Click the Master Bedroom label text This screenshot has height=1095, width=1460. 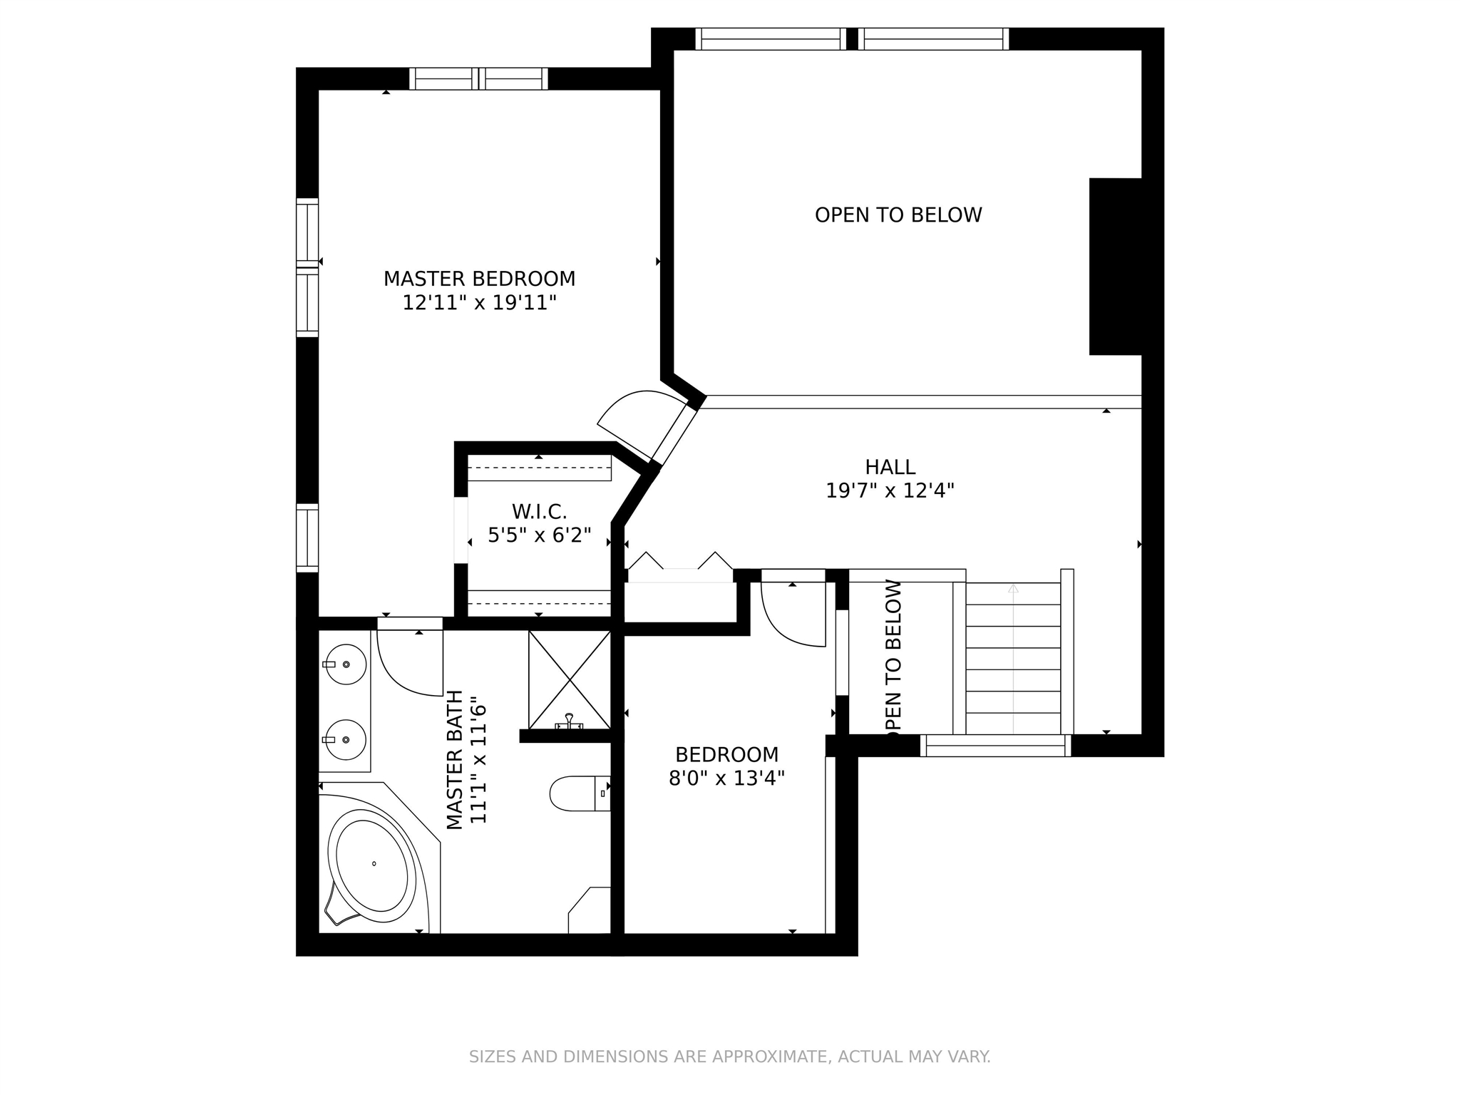479,279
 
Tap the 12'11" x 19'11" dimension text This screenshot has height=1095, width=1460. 479,303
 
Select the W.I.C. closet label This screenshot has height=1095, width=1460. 539,511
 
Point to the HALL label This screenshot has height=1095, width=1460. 890,467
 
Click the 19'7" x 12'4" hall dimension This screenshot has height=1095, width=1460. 890,490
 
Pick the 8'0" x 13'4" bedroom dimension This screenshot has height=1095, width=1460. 726,778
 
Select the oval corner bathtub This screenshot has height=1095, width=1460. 371,865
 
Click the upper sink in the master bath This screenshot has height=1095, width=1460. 345,664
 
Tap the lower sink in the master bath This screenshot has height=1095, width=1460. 345,741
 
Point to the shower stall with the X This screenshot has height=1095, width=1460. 570,679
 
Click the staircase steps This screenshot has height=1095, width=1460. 1013,658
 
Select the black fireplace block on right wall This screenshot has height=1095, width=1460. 1116,266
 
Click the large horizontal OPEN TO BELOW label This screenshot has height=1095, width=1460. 898,215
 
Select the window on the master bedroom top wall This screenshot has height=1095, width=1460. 479,78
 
